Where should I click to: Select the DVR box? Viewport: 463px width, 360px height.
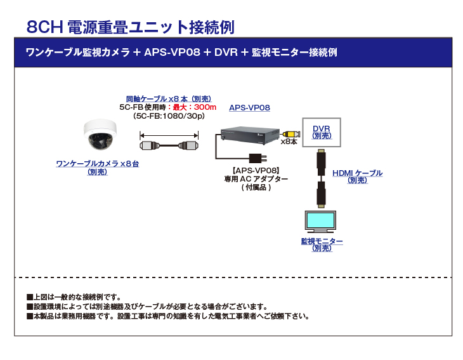pos(322,132)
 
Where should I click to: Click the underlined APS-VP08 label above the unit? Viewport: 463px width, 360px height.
pos(249,108)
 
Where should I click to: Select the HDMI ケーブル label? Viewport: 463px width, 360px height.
pos(357,173)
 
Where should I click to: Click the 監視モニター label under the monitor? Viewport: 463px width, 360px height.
pos(322,241)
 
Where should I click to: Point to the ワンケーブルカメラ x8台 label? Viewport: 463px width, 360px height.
pos(97,164)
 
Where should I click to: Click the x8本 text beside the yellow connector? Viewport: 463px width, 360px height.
pos(289,142)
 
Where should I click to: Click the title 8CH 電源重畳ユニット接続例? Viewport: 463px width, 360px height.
pos(131,27)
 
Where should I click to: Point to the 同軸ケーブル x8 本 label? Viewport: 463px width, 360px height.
pos(168,98)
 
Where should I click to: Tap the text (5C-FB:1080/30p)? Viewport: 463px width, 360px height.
pos(169,116)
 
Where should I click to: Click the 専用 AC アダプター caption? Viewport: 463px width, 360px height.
pos(256,179)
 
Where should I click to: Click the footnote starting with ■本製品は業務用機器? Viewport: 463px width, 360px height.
pos(168,316)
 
